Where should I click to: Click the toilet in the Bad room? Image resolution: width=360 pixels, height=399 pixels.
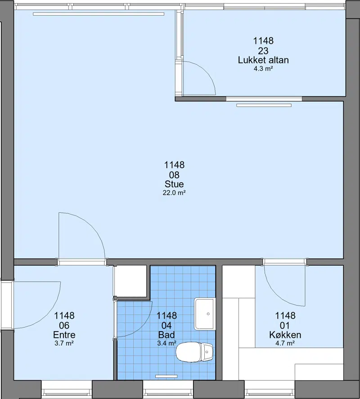[194, 352]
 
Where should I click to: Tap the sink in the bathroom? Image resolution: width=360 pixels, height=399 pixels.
[205, 314]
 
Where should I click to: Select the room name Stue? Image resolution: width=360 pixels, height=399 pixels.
[174, 184]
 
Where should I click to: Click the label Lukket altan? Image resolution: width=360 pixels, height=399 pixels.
[263, 60]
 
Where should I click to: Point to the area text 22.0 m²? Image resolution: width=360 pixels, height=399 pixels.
[174, 193]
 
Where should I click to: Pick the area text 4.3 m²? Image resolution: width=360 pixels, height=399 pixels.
[263, 68]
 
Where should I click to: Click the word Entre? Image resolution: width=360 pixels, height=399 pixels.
[64, 335]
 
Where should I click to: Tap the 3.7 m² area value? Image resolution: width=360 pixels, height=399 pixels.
[64, 343]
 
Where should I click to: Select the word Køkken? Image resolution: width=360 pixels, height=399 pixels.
[285, 335]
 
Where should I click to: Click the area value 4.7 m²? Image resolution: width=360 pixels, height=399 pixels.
[285, 343]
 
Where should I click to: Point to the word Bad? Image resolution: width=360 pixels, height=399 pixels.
[166, 335]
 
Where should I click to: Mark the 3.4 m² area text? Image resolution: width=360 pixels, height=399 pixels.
[166, 343]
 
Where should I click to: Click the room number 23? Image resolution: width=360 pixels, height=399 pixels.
[263, 51]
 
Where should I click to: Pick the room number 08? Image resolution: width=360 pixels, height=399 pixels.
[174, 175]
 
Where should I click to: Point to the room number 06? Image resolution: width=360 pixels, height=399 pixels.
[64, 326]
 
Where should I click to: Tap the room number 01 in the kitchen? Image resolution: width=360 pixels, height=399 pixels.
[285, 326]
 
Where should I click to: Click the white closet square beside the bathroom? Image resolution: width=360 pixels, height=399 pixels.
[130, 281]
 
